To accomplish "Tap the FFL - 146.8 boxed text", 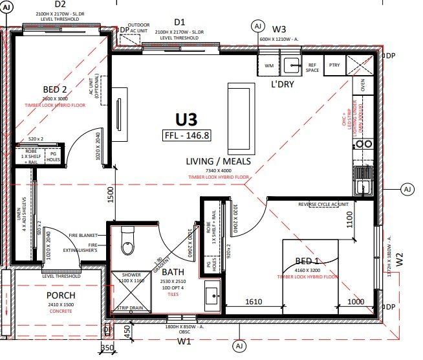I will tap(188, 135).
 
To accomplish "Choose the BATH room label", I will tap(173, 272).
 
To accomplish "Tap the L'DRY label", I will tap(283, 84).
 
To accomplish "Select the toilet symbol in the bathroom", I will tap(127, 243).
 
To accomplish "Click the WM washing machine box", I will tap(269, 65).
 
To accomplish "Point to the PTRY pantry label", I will tap(334, 65).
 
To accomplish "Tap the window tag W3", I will tap(279, 29).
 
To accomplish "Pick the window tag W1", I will tap(184, 341).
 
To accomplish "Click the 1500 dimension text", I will tap(111, 195).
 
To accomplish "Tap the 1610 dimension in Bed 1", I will tap(253, 302).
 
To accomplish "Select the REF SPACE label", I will tap(312, 67).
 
